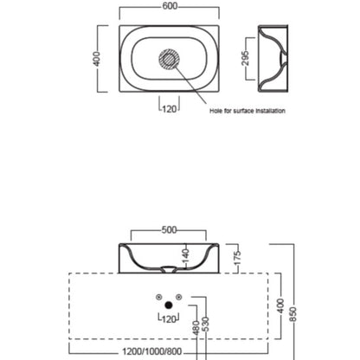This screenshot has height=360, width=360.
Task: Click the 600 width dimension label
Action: click(x=170, y=6)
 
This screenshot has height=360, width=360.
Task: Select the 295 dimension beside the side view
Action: click(x=245, y=58)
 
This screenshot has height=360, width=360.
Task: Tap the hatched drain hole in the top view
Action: click(x=169, y=59)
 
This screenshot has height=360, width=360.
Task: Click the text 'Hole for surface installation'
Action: click(x=247, y=111)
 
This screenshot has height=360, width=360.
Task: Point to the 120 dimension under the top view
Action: click(x=169, y=109)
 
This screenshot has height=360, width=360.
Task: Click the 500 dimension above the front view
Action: click(x=169, y=230)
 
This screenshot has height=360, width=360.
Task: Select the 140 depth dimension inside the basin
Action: click(x=186, y=255)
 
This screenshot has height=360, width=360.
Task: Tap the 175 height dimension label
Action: click(x=237, y=258)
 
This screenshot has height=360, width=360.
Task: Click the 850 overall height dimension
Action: click(x=292, y=314)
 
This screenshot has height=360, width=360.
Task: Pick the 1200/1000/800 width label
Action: click(x=152, y=351)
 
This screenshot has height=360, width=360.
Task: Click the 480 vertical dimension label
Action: click(x=196, y=328)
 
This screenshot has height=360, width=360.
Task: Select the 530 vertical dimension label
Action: click(x=206, y=325)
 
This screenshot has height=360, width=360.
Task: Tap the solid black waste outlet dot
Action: click(x=169, y=305)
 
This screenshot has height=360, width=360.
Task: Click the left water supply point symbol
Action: click(x=158, y=297)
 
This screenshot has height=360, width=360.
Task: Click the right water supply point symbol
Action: click(x=179, y=297)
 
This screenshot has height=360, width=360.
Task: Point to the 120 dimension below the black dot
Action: click(x=169, y=319)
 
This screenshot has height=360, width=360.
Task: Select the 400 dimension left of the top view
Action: click(x=97, y=59)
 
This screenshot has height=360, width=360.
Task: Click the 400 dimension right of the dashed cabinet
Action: click(x=280, y=306)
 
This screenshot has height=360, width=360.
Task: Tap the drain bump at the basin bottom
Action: click(x=169, y=268)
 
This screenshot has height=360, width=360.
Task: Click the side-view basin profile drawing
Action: click(x=273, y=59)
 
